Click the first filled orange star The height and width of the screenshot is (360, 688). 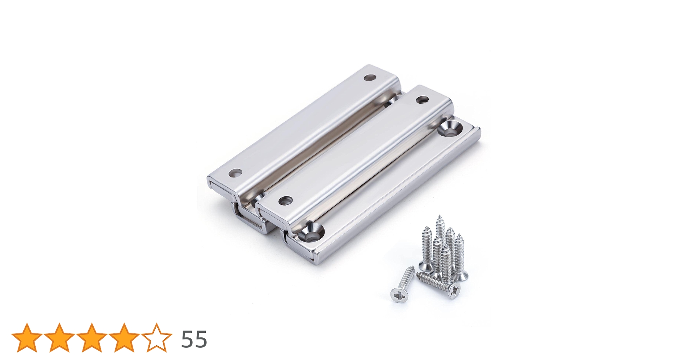point(27,337)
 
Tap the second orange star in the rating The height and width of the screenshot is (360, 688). point(59,337)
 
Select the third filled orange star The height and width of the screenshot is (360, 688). point(92,337)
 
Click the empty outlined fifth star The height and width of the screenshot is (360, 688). point(157,337)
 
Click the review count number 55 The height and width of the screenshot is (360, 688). point(194,339)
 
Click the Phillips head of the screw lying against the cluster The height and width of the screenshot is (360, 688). point(455,289)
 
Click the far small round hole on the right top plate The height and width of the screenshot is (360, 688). point(421,99)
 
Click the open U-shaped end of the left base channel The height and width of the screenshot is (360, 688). point(249,220)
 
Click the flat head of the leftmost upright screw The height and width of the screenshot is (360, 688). point(425,267)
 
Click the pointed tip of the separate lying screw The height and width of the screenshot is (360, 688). point(413,268)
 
